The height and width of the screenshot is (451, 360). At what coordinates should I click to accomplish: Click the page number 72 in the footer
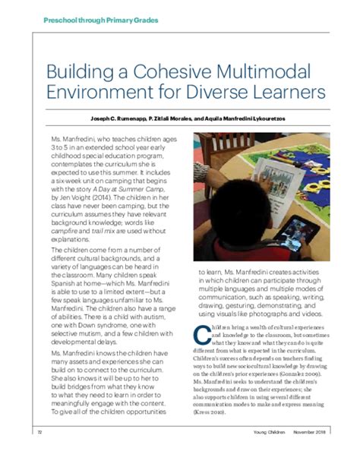point(39,432)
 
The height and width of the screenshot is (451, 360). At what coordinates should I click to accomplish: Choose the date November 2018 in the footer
point(300,432)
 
